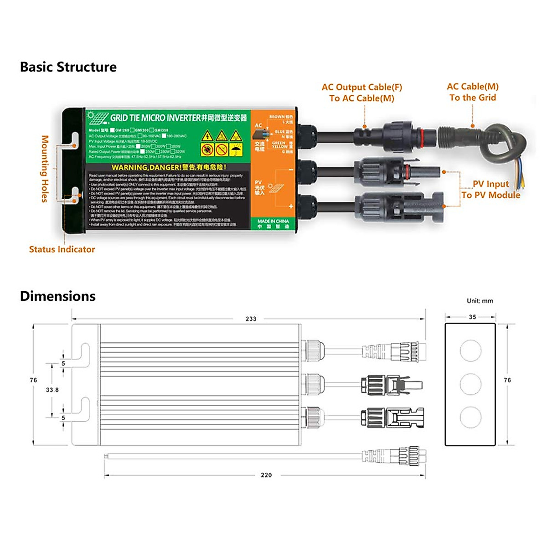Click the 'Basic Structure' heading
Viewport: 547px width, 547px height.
[68, 67]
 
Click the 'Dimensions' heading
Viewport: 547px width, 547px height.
[58, 296]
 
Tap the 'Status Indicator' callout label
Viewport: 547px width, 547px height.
[62, 249]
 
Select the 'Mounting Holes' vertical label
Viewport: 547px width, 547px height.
[45, 169]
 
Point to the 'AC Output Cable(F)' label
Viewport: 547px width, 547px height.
[362, 87]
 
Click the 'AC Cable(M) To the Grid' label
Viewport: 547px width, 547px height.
[473, 92]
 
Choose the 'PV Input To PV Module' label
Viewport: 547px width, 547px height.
[490, 190]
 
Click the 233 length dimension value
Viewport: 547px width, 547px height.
[251, 319]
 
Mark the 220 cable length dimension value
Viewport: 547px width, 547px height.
[266, 475]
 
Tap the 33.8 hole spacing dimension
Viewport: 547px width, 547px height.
[52, 390]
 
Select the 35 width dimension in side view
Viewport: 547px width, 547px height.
[472, 317]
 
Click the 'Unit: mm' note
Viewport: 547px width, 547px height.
[480, 301]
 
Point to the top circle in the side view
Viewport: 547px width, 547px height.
[470, 350]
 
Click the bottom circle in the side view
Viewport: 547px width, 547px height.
[470, 417]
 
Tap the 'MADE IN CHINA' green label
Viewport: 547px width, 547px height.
[273, 223]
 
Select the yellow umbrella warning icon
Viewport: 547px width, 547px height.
[236, 150]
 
